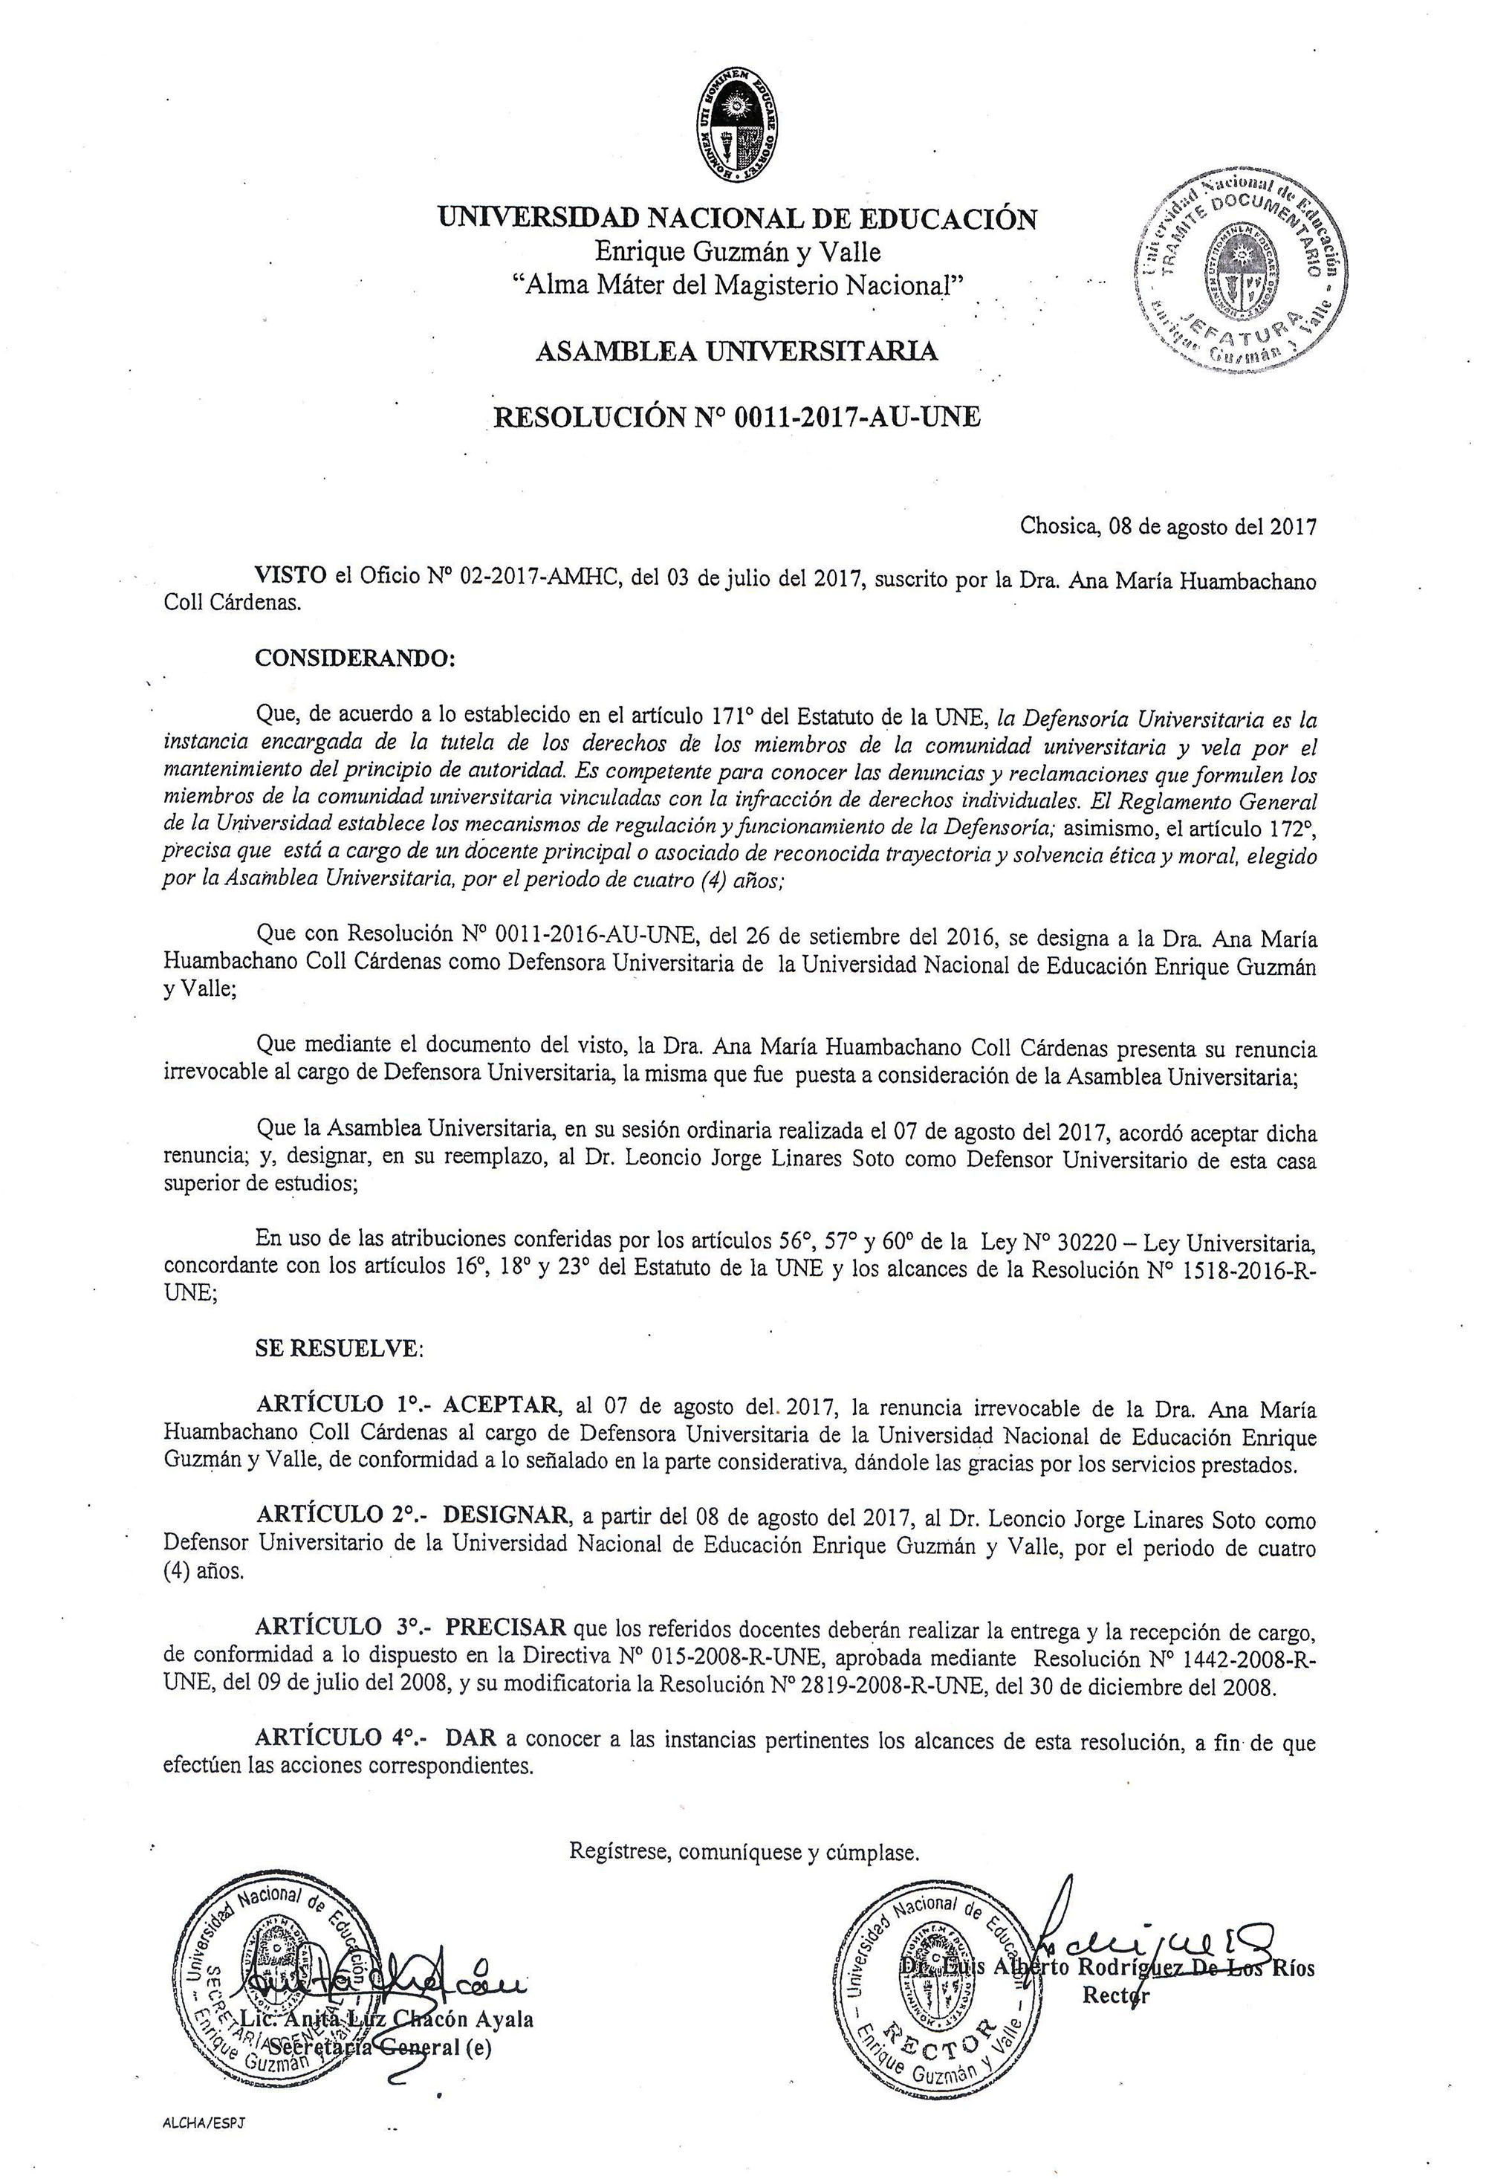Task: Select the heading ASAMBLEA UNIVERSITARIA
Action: coord(736,352)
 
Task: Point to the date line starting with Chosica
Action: coord(1167,527)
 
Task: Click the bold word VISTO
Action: coord(291,577)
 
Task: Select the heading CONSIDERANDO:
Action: coord(354,658)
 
